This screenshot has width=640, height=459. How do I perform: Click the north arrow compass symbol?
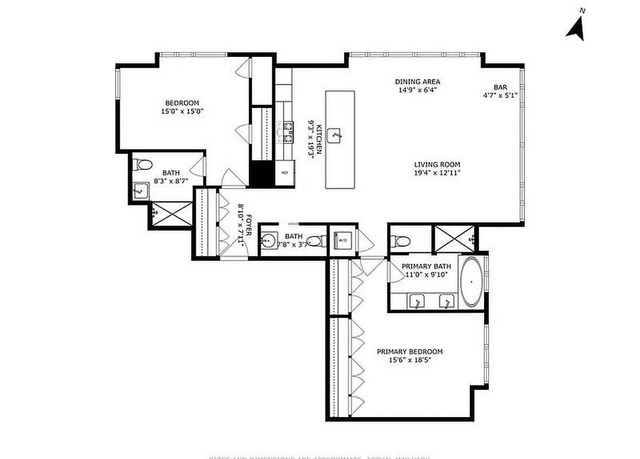(576, 27)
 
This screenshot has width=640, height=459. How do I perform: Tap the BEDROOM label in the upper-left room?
(183, 103)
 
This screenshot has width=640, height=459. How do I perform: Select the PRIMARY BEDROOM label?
(409, 352)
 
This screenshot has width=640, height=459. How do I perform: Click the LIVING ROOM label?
(437, 164)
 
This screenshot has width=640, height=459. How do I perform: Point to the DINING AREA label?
(418, 81)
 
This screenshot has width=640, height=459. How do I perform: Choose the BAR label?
(500, 87)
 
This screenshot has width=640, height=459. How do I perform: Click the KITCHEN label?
(319, 138)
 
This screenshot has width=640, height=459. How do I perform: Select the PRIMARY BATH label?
(426, 266)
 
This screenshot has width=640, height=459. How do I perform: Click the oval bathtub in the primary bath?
(472, 282)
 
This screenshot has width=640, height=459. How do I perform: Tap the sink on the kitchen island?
(335, 137)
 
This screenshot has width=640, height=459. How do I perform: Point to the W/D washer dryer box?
(343, 240)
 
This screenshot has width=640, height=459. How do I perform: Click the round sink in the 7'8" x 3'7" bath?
(268, 240)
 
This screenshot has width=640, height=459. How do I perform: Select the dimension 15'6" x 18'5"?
(409, 360)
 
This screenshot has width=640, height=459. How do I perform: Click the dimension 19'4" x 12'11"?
(437, 172)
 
